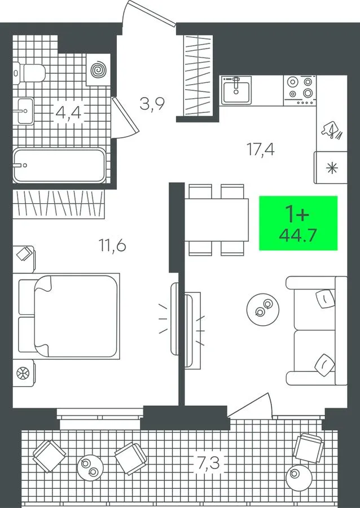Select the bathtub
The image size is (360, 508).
coord(59,165)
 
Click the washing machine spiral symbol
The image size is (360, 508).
coord(98,69)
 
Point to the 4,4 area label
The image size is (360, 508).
coord(68,112)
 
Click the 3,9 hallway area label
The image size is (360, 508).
coord(152,104)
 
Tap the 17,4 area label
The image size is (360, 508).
coord(261,150)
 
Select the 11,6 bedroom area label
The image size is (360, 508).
coord(112,246)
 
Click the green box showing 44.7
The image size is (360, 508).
coord(298,223)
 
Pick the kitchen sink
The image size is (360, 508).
coord(236,90)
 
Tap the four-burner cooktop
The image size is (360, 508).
coord(300,90)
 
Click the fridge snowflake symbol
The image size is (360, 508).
coord(332,168)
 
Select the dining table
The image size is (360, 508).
coord(216,220)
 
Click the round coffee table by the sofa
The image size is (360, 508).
coord(262,309)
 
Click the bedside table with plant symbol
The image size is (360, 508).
coord(24,373)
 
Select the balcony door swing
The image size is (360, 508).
coord(249,405)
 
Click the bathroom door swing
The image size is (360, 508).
coord(124,117)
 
